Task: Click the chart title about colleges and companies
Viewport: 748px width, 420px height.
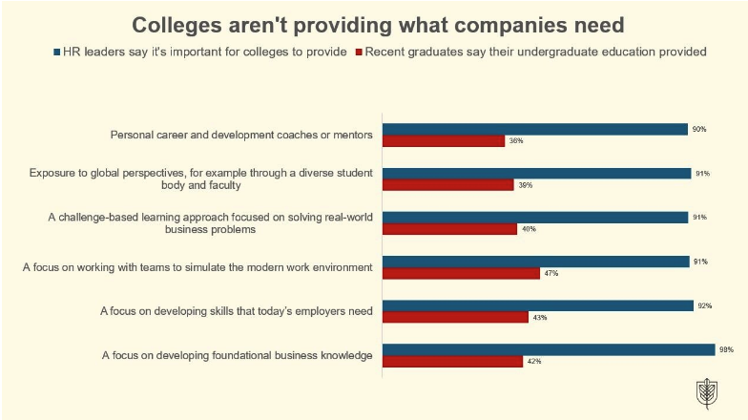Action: tap(374, 23)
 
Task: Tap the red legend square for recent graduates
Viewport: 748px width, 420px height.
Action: tap(359, 52)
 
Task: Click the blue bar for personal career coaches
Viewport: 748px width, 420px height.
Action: tap(534, 129)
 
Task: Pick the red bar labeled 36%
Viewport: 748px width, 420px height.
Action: tap(444, 141)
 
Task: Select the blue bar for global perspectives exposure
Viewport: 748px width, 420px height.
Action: tap(536, 174)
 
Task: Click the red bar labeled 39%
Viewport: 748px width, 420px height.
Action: tap(448, 185)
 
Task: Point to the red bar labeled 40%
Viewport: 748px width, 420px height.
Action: tap(449, 229)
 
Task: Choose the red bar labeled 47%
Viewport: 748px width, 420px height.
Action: tap(461, 273)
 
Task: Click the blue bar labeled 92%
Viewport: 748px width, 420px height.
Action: tap(538, 305)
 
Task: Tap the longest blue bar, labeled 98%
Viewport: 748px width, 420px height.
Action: tap(549, 349)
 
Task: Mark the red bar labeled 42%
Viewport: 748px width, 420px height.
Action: tap(452, 362)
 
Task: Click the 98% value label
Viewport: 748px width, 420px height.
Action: tap(726, 349)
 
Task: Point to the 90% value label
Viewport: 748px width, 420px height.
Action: tap(699, 129)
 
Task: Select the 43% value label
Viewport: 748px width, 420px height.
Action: tap(540, 318)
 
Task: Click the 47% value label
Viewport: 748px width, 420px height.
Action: tap(551, 274)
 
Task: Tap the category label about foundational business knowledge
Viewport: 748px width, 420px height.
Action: tap(237, 356)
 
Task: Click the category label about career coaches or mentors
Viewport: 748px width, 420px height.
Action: tap(241, 135)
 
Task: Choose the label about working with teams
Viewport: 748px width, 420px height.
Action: tap(197, 267)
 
